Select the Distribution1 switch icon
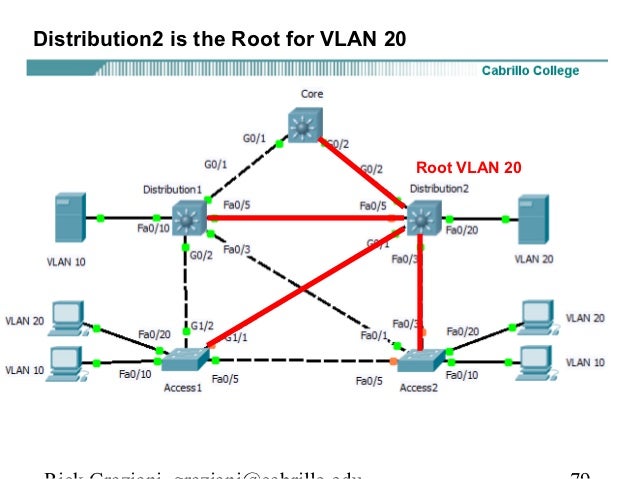187,217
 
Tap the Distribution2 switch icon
423,216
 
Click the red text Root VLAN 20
468,167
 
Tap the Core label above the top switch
312,94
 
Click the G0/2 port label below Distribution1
201,255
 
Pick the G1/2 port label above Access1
202,324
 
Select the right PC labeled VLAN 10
536,359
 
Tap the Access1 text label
183,388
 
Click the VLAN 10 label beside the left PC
24,369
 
